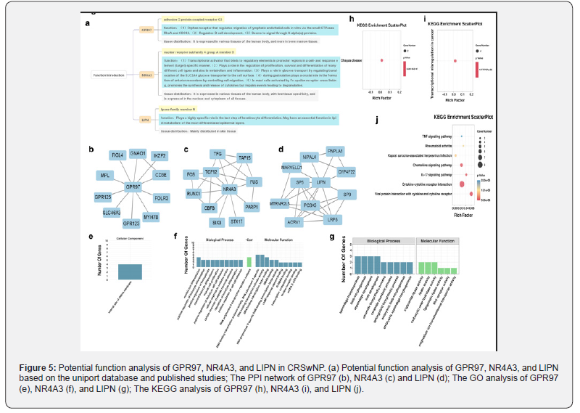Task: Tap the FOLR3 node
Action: click(162, 197)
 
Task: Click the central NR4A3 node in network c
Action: click(229, 188)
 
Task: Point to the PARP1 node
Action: click(252, 207)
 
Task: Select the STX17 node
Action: click(236, 221)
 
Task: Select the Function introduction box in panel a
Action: click(109, 75)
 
